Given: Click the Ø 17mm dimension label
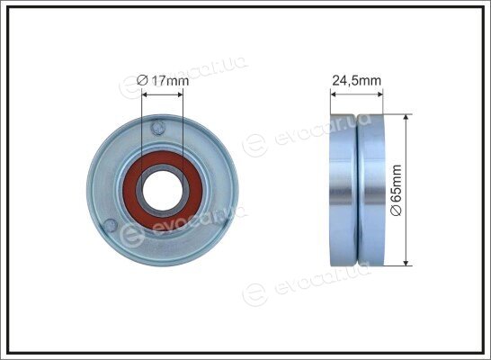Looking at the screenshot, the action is click(x=163, y=80).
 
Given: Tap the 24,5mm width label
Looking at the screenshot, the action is click(x=356, y=80).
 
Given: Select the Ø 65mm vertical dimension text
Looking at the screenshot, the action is click(x=396, y=190).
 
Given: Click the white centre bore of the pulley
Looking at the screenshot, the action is click(x=163, y=191).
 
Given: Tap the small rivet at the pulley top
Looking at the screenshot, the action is click(x=157, y=128).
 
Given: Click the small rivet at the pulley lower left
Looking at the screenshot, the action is click(x=110, y=225).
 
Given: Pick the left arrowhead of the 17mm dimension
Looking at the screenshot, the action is click(x=145, y=94).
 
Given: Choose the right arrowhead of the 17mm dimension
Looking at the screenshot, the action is click(x=180, y=94).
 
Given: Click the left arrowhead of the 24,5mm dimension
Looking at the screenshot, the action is click(x=334, y=94).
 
